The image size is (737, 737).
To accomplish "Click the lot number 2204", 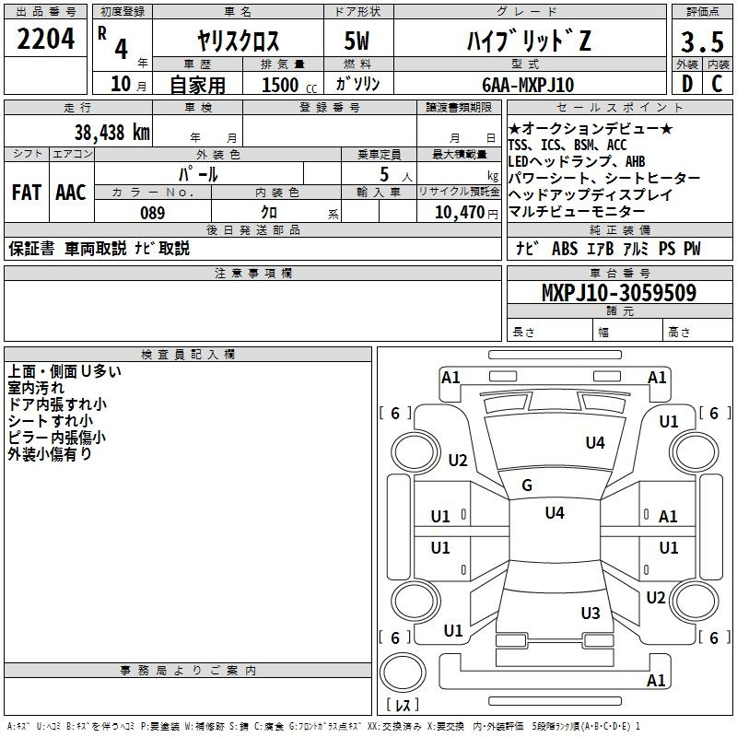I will tap(46, 39).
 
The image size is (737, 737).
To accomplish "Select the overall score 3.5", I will tap(702, 42).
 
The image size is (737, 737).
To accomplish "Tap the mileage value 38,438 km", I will tap(111, 132).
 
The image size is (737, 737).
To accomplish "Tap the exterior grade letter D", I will tap(686, 85).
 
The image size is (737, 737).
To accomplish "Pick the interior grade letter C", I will tap(718, 85).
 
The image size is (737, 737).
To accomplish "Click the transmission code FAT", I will tap(27, 193).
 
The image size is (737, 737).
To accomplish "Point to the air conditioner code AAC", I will tap(71, 193).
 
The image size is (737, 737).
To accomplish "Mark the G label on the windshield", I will tap(527, 485).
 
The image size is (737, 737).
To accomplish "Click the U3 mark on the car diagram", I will tap(591, 614).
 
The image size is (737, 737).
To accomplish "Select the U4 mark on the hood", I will tap(595, 443).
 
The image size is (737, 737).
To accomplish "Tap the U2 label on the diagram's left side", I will tap(458, 461).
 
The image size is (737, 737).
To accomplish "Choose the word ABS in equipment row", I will tap(564, 249).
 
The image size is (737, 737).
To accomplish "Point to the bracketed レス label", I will tap(403, 706).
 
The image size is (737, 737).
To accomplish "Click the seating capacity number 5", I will tap(384, 175).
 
